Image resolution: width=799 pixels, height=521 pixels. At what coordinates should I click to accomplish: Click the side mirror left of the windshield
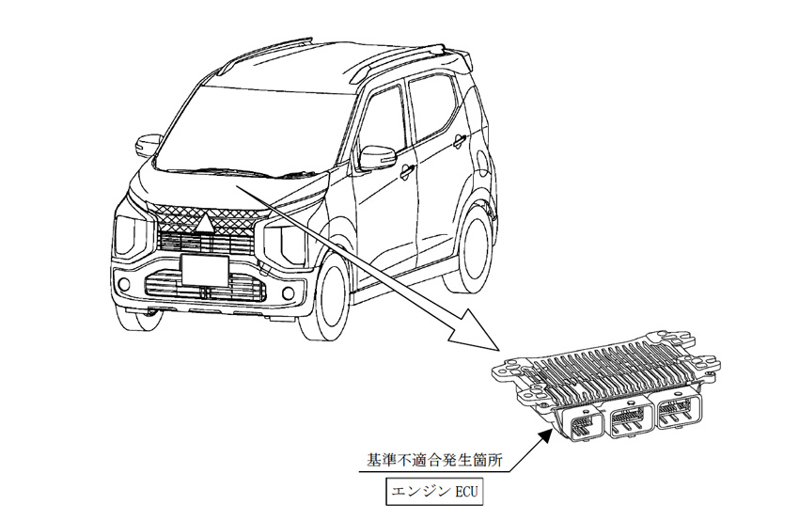[149, 146]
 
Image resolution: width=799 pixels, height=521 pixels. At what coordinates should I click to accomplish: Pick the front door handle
[406, 170]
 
